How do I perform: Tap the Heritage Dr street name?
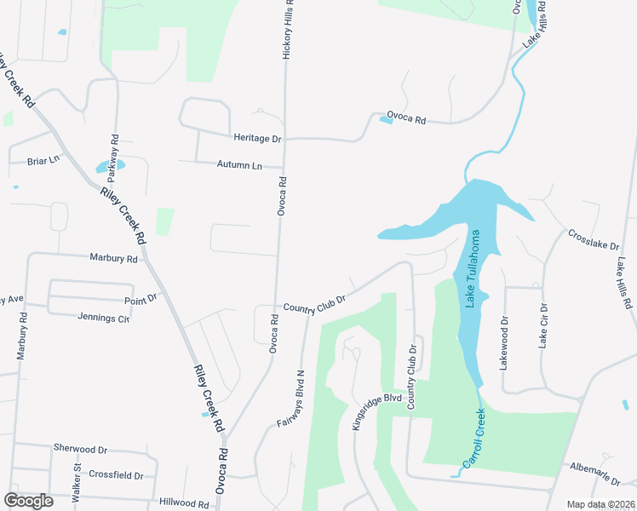point(256,138)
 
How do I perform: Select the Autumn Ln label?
point(239,164)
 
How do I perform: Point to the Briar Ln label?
point(43,160)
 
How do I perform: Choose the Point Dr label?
point(141,298)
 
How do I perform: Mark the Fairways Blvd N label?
point(288,397)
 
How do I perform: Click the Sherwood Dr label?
point(80,448)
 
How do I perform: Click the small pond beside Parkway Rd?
point(110,166)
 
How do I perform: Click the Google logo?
point(28,501)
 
